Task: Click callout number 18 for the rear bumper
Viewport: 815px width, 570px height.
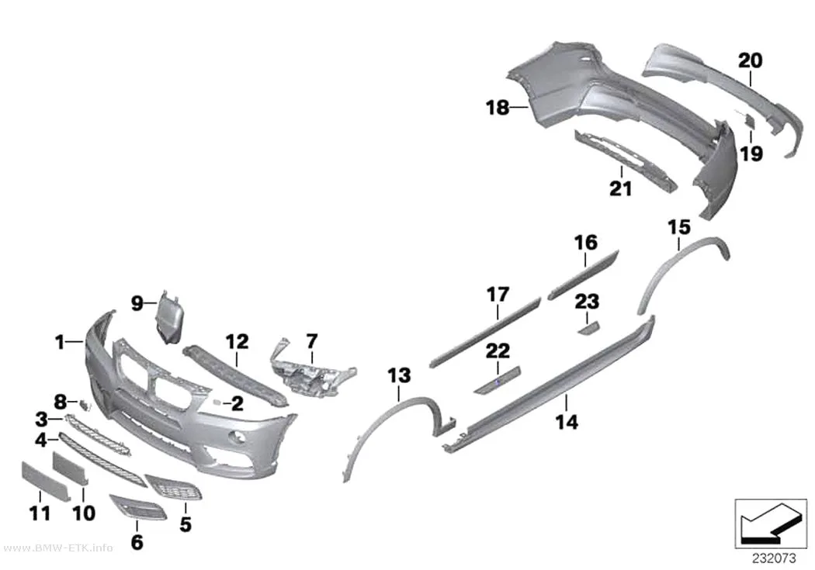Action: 498,108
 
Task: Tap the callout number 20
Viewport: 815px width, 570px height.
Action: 750,60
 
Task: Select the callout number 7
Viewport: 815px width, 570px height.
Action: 311,341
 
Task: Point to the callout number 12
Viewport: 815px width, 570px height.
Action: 237,341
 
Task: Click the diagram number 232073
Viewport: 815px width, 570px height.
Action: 774,558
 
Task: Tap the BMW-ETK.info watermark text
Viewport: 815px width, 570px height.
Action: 57,548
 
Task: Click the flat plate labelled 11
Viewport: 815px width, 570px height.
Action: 45,481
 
